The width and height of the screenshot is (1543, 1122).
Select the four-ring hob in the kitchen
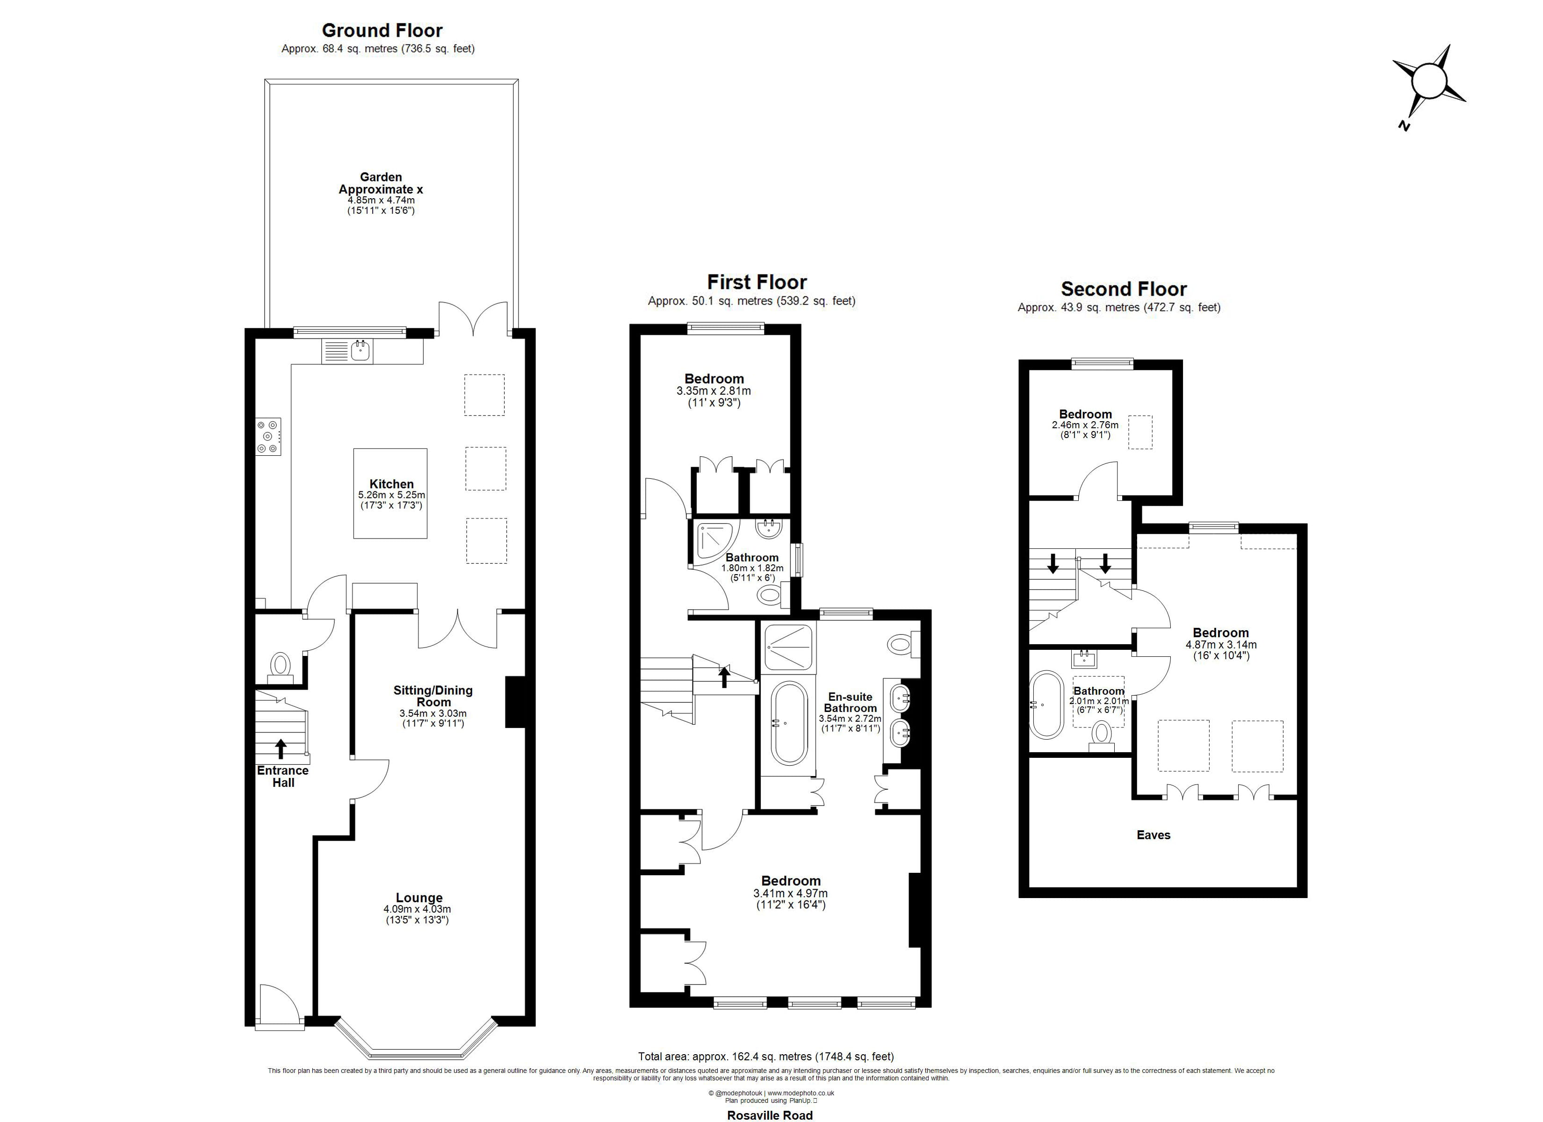click(268, 436)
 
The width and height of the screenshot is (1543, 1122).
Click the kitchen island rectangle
click(390, 493)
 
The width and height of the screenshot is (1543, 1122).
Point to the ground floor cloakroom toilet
click(280, 666)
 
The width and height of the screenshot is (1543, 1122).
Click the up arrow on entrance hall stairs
click(280, 748)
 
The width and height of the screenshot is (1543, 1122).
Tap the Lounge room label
click(419, 898)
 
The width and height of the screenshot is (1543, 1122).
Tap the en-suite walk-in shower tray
click(788, 647)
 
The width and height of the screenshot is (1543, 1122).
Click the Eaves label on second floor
click(1153, 835)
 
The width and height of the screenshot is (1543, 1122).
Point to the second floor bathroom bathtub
click(1045, 705)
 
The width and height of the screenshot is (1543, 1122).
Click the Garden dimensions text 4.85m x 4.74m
click(381, 200)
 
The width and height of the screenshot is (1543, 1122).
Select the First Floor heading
click(757, 282)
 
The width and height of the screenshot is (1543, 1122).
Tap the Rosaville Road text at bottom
click(770, 1115)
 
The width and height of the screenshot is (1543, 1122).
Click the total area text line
click(765, 1056)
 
